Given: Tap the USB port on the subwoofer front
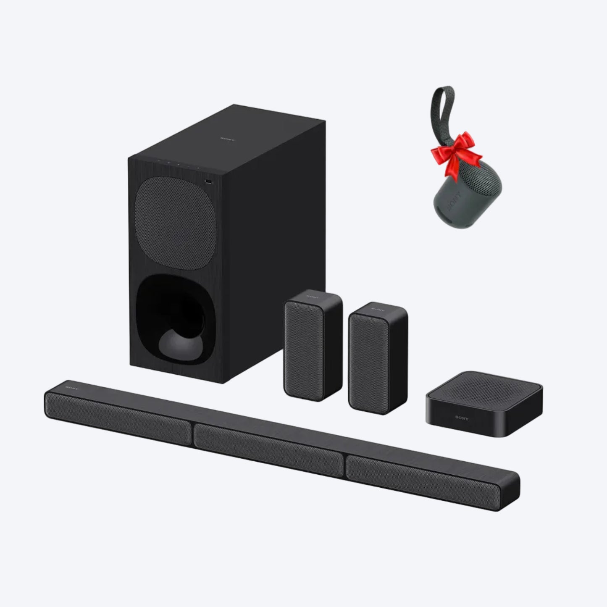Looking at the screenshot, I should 208,181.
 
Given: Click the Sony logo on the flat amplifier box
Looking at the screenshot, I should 462,418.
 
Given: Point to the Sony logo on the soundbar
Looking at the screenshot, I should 69,385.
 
